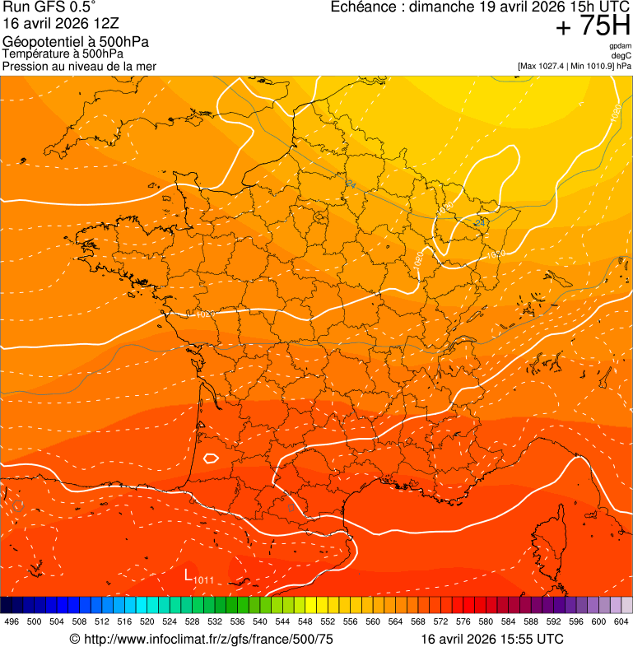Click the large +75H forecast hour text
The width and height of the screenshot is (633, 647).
click(593, 26)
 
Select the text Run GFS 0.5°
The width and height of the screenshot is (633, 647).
click(49, 7)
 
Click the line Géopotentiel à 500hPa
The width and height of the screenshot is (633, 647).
click(76, 42)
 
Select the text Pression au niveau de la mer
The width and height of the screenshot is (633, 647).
click(79, 66)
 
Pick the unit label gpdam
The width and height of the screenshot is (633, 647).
click(620, 47)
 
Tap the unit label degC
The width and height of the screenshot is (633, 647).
click(621, 56)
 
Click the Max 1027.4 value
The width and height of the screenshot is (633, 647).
click(548, 66)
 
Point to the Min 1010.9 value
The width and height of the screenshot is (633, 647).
click(594, 66)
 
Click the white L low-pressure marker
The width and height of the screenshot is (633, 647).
click(189, 574)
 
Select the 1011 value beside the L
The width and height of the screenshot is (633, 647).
click(204, 580)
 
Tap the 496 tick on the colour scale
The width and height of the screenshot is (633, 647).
click(12, 621)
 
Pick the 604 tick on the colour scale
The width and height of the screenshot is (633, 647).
click(621, 621)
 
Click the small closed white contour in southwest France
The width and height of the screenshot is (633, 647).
click(212, 458)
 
